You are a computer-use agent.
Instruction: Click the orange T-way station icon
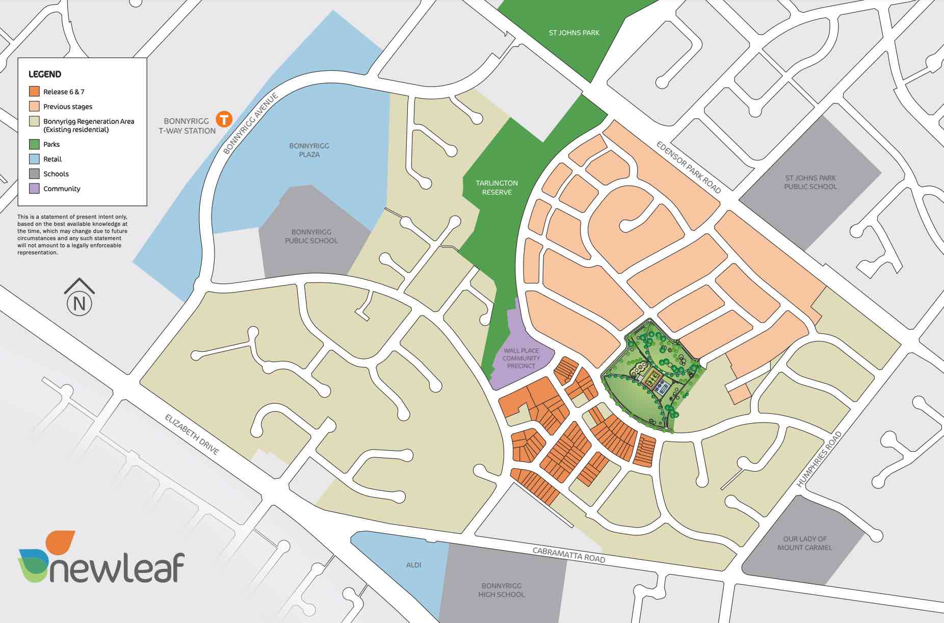tap(224, 119)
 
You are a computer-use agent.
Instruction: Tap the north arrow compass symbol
tap(79, 297)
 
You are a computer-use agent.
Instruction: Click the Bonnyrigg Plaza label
tap(309, 150)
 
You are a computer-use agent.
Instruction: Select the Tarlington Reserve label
tap(496, 187)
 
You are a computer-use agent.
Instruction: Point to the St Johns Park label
tap(574, 33)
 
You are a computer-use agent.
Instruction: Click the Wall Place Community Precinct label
tap(521, 358)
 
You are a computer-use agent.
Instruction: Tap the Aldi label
tap(413, 565)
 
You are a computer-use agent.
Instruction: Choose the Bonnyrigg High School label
tap(502, 590)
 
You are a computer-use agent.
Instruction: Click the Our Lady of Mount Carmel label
tap(804, 543)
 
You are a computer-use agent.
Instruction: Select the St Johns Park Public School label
tap(810, 182)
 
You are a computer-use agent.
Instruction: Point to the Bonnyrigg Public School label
tap(311, 236)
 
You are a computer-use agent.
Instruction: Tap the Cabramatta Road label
tap(569, 555)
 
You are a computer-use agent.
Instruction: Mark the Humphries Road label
tap(819, 459)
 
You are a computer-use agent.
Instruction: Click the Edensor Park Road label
tap(689, 167)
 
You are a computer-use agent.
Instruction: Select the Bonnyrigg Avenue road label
tap(252, 123)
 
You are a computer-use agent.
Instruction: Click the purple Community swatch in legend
tap(34, 189)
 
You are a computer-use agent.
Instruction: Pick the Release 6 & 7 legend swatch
tap(34, 92)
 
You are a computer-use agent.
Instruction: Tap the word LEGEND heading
tap(45, 74)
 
